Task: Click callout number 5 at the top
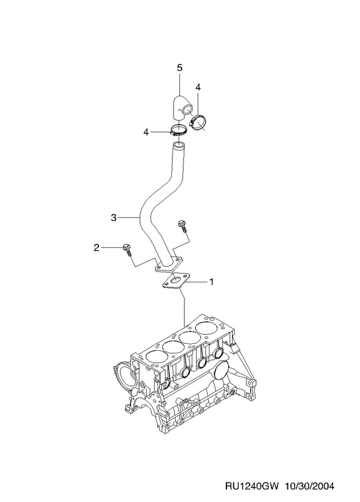point(179,68)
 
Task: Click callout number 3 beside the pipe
point(114,218)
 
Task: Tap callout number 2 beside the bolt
point(97,247)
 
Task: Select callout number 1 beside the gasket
point(211,282)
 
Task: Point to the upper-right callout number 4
point(198,87)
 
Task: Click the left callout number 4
point(146,132)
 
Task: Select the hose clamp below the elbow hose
point(179,130)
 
